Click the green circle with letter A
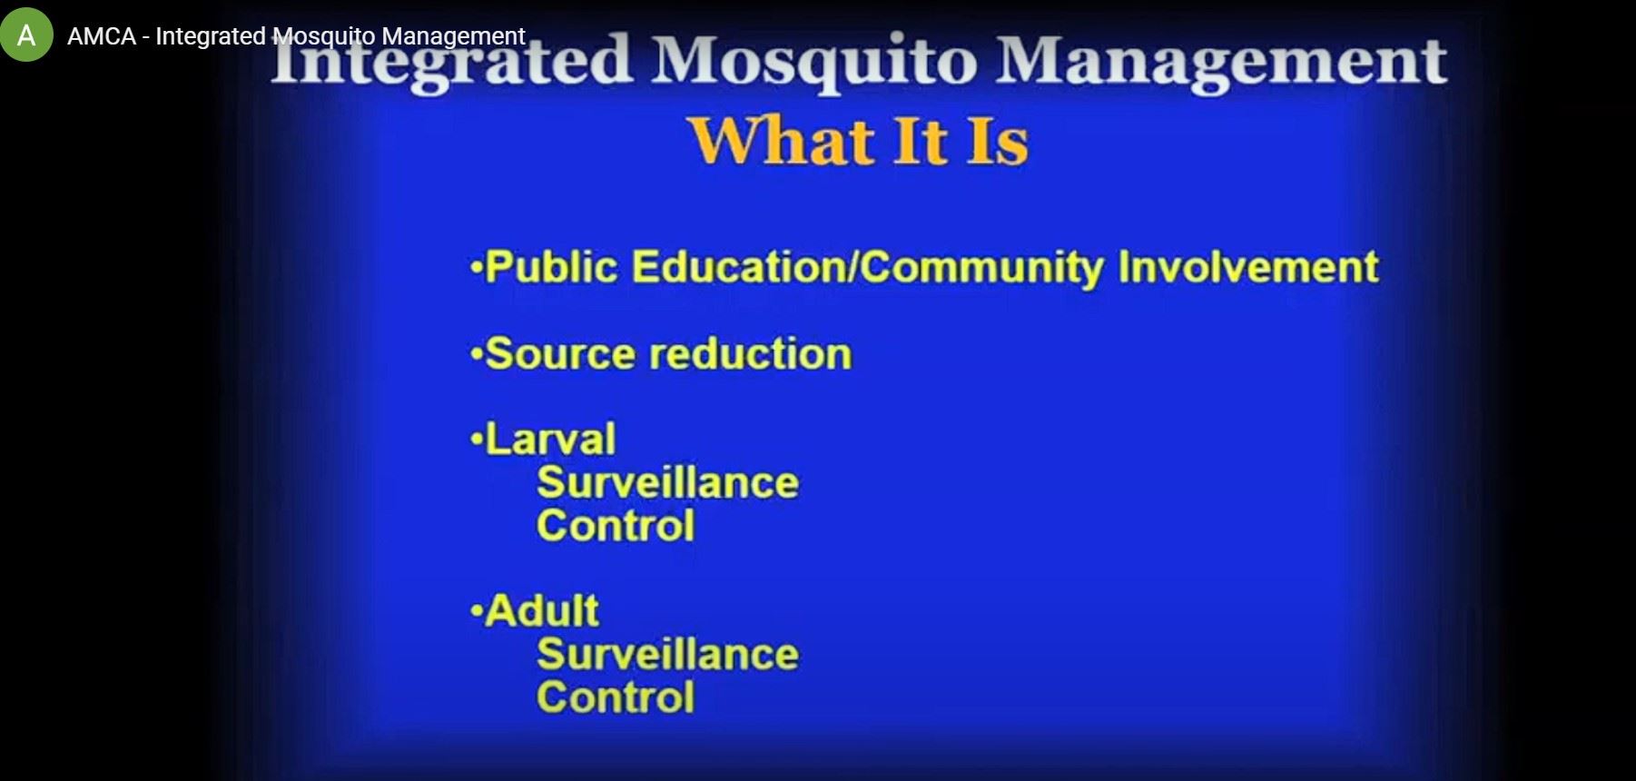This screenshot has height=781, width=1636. [x=27, y=35]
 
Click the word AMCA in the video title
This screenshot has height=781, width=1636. [x=102, y=36]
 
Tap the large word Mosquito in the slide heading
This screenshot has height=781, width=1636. [x=813, y=61]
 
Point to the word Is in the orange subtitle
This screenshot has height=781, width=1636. [x=997, y=141]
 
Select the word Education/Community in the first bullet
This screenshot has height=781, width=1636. [x=867, y=268]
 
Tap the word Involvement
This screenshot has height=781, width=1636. [x=1248, y=267]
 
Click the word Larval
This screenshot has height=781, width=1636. [x=550, y=439]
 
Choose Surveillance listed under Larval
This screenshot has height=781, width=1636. [x=667, y=482]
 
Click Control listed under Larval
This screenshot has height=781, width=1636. [x=616, y=526]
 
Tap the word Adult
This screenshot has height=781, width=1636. [x=542, y=610]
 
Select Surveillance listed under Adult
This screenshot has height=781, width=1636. [x=667, y=654]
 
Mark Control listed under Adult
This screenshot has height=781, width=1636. [x=616, y=697]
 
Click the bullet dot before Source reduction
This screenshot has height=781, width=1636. [x=476, y=355]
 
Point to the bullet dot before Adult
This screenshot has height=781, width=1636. [x=476, y=612]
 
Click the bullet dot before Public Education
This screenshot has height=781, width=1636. [x=476, y=269]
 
